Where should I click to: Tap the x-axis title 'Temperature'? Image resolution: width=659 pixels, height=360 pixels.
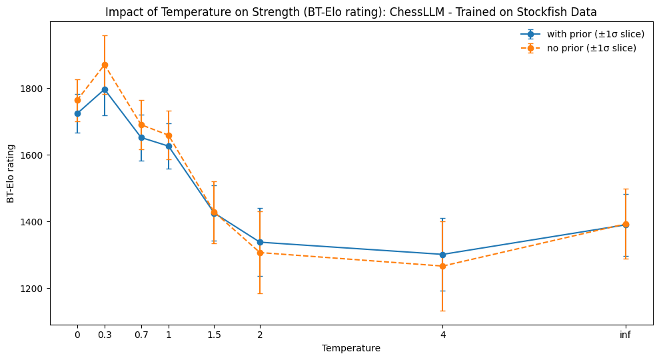pyautogui.click(x=351, y=348)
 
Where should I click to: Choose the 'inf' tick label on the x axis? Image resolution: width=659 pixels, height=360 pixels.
pyautogui.click(x=625, y=335)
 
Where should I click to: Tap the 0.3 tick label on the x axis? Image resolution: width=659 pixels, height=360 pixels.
pyautogui.click(x=105, y=335)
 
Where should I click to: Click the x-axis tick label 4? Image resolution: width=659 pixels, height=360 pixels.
pyautogui.click(x=442, y=335)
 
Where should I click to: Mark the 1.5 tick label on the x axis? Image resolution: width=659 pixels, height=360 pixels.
pyautogui.click(x=214, y=335)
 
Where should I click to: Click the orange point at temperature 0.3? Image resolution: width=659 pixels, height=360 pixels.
pyautogui.click(x=105, y=65)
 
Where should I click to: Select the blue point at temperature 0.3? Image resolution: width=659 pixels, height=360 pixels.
pyautogui.click(x=105, y=89)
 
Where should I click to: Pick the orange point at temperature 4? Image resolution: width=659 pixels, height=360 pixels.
pyautogui.click(x=442, y=266)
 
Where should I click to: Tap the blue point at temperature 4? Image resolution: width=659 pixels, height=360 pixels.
pyautogui.click(x=442, y=254)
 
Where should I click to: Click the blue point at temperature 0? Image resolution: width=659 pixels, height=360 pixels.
pyautogui.click(x=77, y=113)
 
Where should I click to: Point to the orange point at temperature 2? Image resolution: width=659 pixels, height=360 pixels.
pyautogui.click(x=260, y=253)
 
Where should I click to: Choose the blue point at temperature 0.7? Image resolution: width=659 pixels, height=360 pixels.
pyautogui.click(x=141, y=137)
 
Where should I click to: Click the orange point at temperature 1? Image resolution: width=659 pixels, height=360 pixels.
pyautogui.click(x=169, y=135)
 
